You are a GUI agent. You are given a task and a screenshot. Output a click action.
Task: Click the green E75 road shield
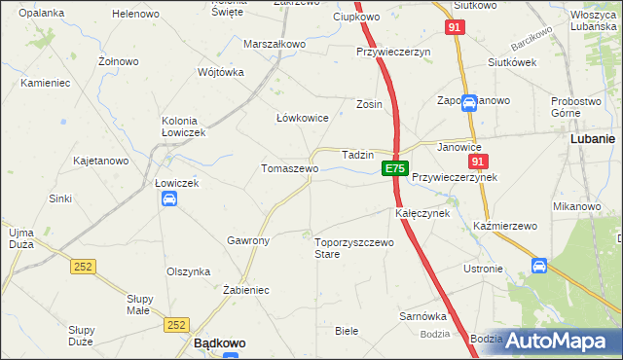point(394,168)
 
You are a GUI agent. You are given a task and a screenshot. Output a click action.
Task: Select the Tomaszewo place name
point(289,168)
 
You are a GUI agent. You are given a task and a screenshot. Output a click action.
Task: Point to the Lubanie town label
point(592,139)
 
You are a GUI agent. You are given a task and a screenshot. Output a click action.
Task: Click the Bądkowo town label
point(219,343)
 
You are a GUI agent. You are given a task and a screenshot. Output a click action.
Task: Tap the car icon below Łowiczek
point(168,199)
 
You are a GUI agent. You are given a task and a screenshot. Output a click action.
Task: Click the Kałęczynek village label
point(421,212)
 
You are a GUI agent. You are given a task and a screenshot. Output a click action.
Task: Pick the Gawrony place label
point(248,239)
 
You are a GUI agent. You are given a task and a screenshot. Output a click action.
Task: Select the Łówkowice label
point(303,118)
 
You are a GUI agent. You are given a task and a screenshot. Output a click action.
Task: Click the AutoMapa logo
point(558,341)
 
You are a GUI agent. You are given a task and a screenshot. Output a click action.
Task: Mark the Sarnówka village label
point(422,316)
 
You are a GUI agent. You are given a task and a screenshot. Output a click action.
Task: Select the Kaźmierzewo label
point(505,226)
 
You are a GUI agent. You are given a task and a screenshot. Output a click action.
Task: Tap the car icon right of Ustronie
point(539,266)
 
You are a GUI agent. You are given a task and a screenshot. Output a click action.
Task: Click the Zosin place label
point(369,104)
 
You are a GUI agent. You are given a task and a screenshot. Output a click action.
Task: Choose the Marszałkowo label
point(275,45)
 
